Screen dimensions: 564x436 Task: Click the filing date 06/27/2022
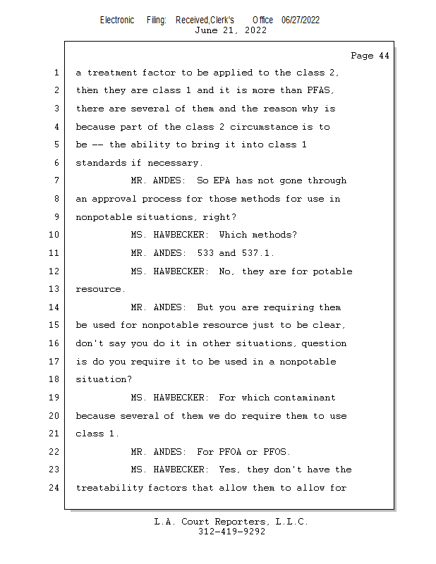[x=301, y=20]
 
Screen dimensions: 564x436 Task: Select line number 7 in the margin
[x=56, y=181]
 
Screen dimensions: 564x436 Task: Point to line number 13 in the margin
[x=54, y=290]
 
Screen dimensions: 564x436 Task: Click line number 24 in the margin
[x=54, y=488]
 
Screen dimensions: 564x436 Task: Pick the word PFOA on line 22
[x=233, y=452]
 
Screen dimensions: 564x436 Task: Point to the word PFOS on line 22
[x=277, y=452]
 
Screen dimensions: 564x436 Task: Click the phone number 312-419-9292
[x=231, y=532]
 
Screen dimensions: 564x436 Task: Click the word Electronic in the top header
[x=117, y=20]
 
